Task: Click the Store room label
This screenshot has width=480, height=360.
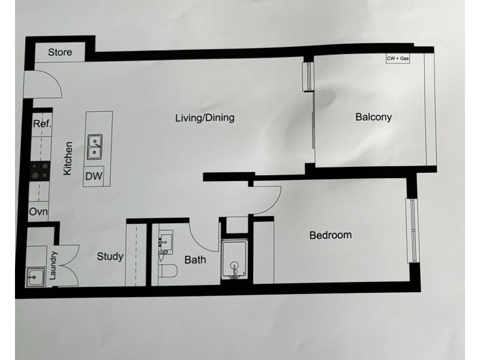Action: coord(60,52)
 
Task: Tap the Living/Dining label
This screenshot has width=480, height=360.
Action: coord(205,118)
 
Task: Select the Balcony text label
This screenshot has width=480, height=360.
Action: coord(373,117)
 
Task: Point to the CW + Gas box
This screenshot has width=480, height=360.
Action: coord(398,59)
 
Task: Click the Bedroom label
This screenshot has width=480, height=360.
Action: coord(330,235)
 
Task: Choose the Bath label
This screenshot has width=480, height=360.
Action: coord(195,260)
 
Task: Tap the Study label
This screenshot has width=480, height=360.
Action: coord(110,257)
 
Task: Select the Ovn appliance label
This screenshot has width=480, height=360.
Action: coord(39,212)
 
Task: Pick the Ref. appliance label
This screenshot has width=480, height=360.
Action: coord(42,124)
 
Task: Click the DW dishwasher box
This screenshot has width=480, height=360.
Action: coord(93,176)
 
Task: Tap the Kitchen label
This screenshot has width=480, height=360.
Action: coord(68,158)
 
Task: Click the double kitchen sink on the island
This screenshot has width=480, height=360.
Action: coord(94,148)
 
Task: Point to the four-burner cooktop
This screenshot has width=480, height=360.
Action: coord(39,172)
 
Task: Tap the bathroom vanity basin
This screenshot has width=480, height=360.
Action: coord(164,246)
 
